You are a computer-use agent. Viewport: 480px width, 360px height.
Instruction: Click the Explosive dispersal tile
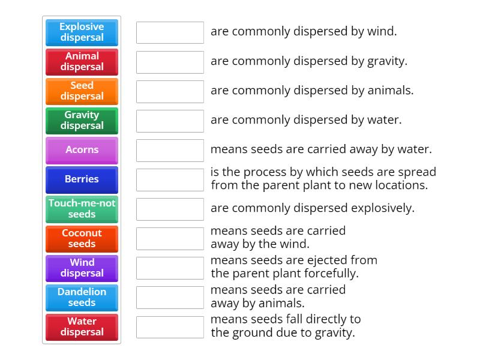pyautogui.click(x=82, y=32)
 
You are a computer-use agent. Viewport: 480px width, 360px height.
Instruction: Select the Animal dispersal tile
pyautogui.click(x=82, y=62)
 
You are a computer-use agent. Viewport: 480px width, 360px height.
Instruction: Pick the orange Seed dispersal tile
pyautogui.click(x=82, y=91)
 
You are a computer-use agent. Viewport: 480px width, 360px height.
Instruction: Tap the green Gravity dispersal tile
pyautogui.click(x=82, y=121)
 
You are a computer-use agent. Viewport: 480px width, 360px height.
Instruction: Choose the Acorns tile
pyautogui.click(x=82, y=150)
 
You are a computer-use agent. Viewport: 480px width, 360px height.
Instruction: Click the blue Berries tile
pyautogui.click(x=82, y=179)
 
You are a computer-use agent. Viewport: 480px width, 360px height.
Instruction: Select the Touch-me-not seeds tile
pyautogui.click(x=82, y=209)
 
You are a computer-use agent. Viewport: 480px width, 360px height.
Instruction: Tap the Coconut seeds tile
pyautogui.click(x=82, y=239)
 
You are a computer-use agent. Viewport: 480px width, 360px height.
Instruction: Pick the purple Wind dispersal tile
pyautogui.click(x=82, y=268)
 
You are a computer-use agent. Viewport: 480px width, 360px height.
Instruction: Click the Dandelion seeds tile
pyautogui.click(x=82, y=298)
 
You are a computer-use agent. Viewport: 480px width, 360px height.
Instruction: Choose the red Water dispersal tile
pyautogui.click(x=82, y=327)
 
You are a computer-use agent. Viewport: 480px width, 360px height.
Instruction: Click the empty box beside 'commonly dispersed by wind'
pyautogui.click(x=170, y=32)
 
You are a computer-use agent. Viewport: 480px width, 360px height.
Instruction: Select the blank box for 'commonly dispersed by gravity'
pyautogui.click(x=170, y=62)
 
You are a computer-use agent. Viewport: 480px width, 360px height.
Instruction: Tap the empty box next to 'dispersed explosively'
pyautogui.click(x=170, y=209)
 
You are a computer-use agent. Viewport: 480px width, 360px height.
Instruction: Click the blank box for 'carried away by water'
pyautogui.click(x=170, y=150)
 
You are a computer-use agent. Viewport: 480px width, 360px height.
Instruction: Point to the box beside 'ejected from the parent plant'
pyautogui.click(x=170, y=268)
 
